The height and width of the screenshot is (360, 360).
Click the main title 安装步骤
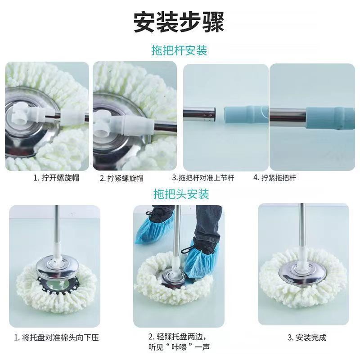[179, 22]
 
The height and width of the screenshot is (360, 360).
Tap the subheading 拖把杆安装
[179, 50]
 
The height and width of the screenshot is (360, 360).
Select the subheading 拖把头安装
[181, 194]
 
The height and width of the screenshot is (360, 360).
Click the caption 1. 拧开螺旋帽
[57, 178]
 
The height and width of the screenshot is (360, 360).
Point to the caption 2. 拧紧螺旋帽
[121, 178]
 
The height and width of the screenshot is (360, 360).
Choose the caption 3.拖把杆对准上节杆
[203, 178]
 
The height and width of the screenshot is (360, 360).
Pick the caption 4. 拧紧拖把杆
[274, 177]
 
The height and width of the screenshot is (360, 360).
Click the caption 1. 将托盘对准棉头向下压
[57, 337]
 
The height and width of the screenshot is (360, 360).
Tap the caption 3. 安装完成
[307, 337]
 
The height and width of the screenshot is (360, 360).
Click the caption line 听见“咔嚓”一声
[179, 346]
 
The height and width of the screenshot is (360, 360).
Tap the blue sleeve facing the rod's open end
[246, 114]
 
